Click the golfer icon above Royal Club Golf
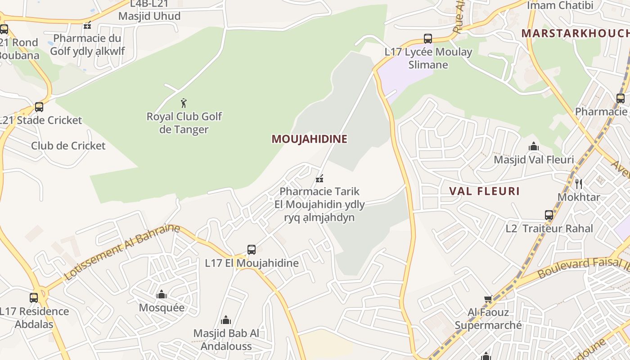pyautogui.click(x=184, y=103)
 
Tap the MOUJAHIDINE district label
pyautogui.click(x=309, y=139)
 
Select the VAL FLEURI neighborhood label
pyautogui.click(x=484, y=191)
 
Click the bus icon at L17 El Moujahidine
pyautogui.click(x=252, y=250)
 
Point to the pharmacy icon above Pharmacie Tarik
pyautogui.click(x=319, y=179)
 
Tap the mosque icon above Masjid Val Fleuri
pyautogui.click(x=534, y=147)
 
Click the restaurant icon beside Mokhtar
pyautogui.click(x=579, y=184)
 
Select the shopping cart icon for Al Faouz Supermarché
pyautogui.click(x=488, y=299)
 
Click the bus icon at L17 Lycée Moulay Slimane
pyautogui.click(x=428, y=39)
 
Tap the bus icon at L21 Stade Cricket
pyautogui.click(x=39, y=107)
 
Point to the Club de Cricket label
pyautogui.click(x=68, y=146)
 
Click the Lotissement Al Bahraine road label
pyautogui.click(x=122, y=252)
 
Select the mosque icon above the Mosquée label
pyautogui.click(x=161, y=295)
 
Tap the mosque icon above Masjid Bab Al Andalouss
pyautogui.click(x=226, y=320)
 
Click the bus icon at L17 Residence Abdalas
pyautogui.click(x=34, y=297)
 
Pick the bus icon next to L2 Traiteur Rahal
pyautogui.click(x=549, y=215)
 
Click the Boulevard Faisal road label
pyautogui.click(x=583, y=267)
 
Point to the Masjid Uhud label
pyautogui.click(x=149, y=16)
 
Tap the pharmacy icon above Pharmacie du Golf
pyautogui.click(x=87, y=25)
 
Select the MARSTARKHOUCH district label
pyautogui.click(x=575, y=33)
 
